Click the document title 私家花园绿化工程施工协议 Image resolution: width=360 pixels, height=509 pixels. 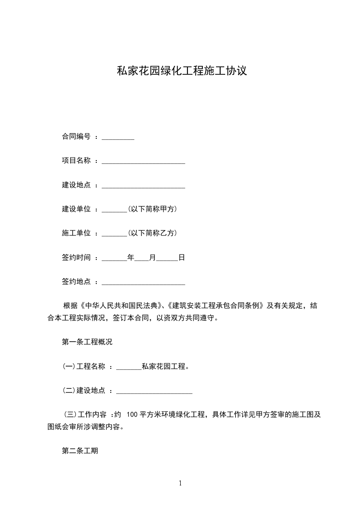(x=182, y=71)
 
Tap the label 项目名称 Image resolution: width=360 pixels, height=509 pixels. (x=76, y=161)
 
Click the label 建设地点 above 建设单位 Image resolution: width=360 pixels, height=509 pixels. (x=76, y=185)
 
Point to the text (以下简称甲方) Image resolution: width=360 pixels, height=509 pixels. (x=152, y=209)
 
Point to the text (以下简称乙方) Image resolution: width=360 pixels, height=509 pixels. (x=152, y=233)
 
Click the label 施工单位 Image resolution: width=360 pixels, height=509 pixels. (x=76, y=233)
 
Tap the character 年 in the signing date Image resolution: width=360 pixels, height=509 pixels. (x=131, y=258)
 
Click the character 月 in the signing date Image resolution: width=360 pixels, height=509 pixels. (x=153, y=258)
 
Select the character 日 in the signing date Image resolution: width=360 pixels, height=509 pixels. (x=182, y=258)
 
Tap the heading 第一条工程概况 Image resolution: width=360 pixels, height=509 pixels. (x=87, y=342)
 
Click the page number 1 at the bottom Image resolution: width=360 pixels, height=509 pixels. (x=180, y=483)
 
